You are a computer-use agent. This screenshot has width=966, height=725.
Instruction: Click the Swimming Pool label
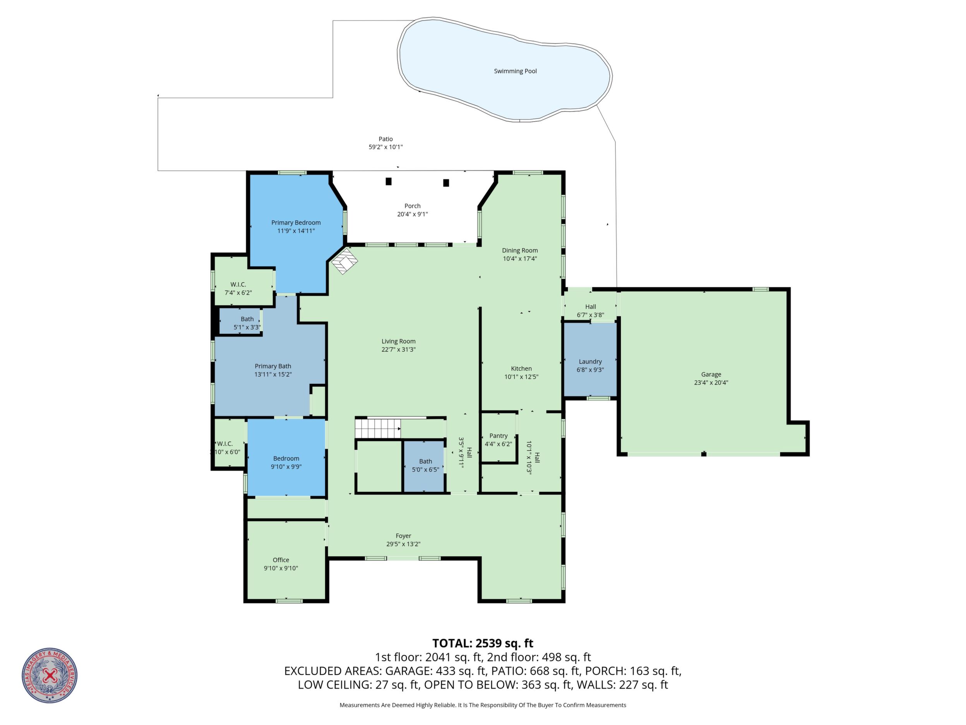tap(516, 71)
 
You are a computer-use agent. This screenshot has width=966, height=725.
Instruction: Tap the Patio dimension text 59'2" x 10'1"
tap(385, 147)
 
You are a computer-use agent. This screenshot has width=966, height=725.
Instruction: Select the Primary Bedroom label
tap(296, 223)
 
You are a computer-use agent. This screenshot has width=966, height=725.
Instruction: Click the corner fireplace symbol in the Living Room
tap(344, 261)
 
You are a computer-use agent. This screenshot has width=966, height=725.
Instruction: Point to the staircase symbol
tap(378, 428)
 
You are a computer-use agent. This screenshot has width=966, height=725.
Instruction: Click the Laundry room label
tap(591, 362)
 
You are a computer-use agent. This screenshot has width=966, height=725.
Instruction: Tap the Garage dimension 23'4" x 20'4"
tap(711, 383)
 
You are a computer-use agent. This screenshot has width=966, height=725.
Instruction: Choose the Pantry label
tap(498, 436)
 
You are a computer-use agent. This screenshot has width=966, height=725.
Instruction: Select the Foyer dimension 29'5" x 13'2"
tap(403, 544)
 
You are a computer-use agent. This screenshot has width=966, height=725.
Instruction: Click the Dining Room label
tap(520, 251)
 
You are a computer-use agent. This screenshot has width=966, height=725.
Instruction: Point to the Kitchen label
tap(521, 369)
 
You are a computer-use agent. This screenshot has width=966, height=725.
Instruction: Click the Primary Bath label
tap(273, 366)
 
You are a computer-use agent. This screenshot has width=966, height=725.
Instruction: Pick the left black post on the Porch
tap(388, 181)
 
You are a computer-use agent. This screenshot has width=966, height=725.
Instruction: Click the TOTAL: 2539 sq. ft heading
tap(483, 643)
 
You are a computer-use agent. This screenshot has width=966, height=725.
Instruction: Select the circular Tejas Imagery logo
tap(50, 675)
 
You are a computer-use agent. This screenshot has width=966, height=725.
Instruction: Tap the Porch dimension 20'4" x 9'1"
tap(412, 214)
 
